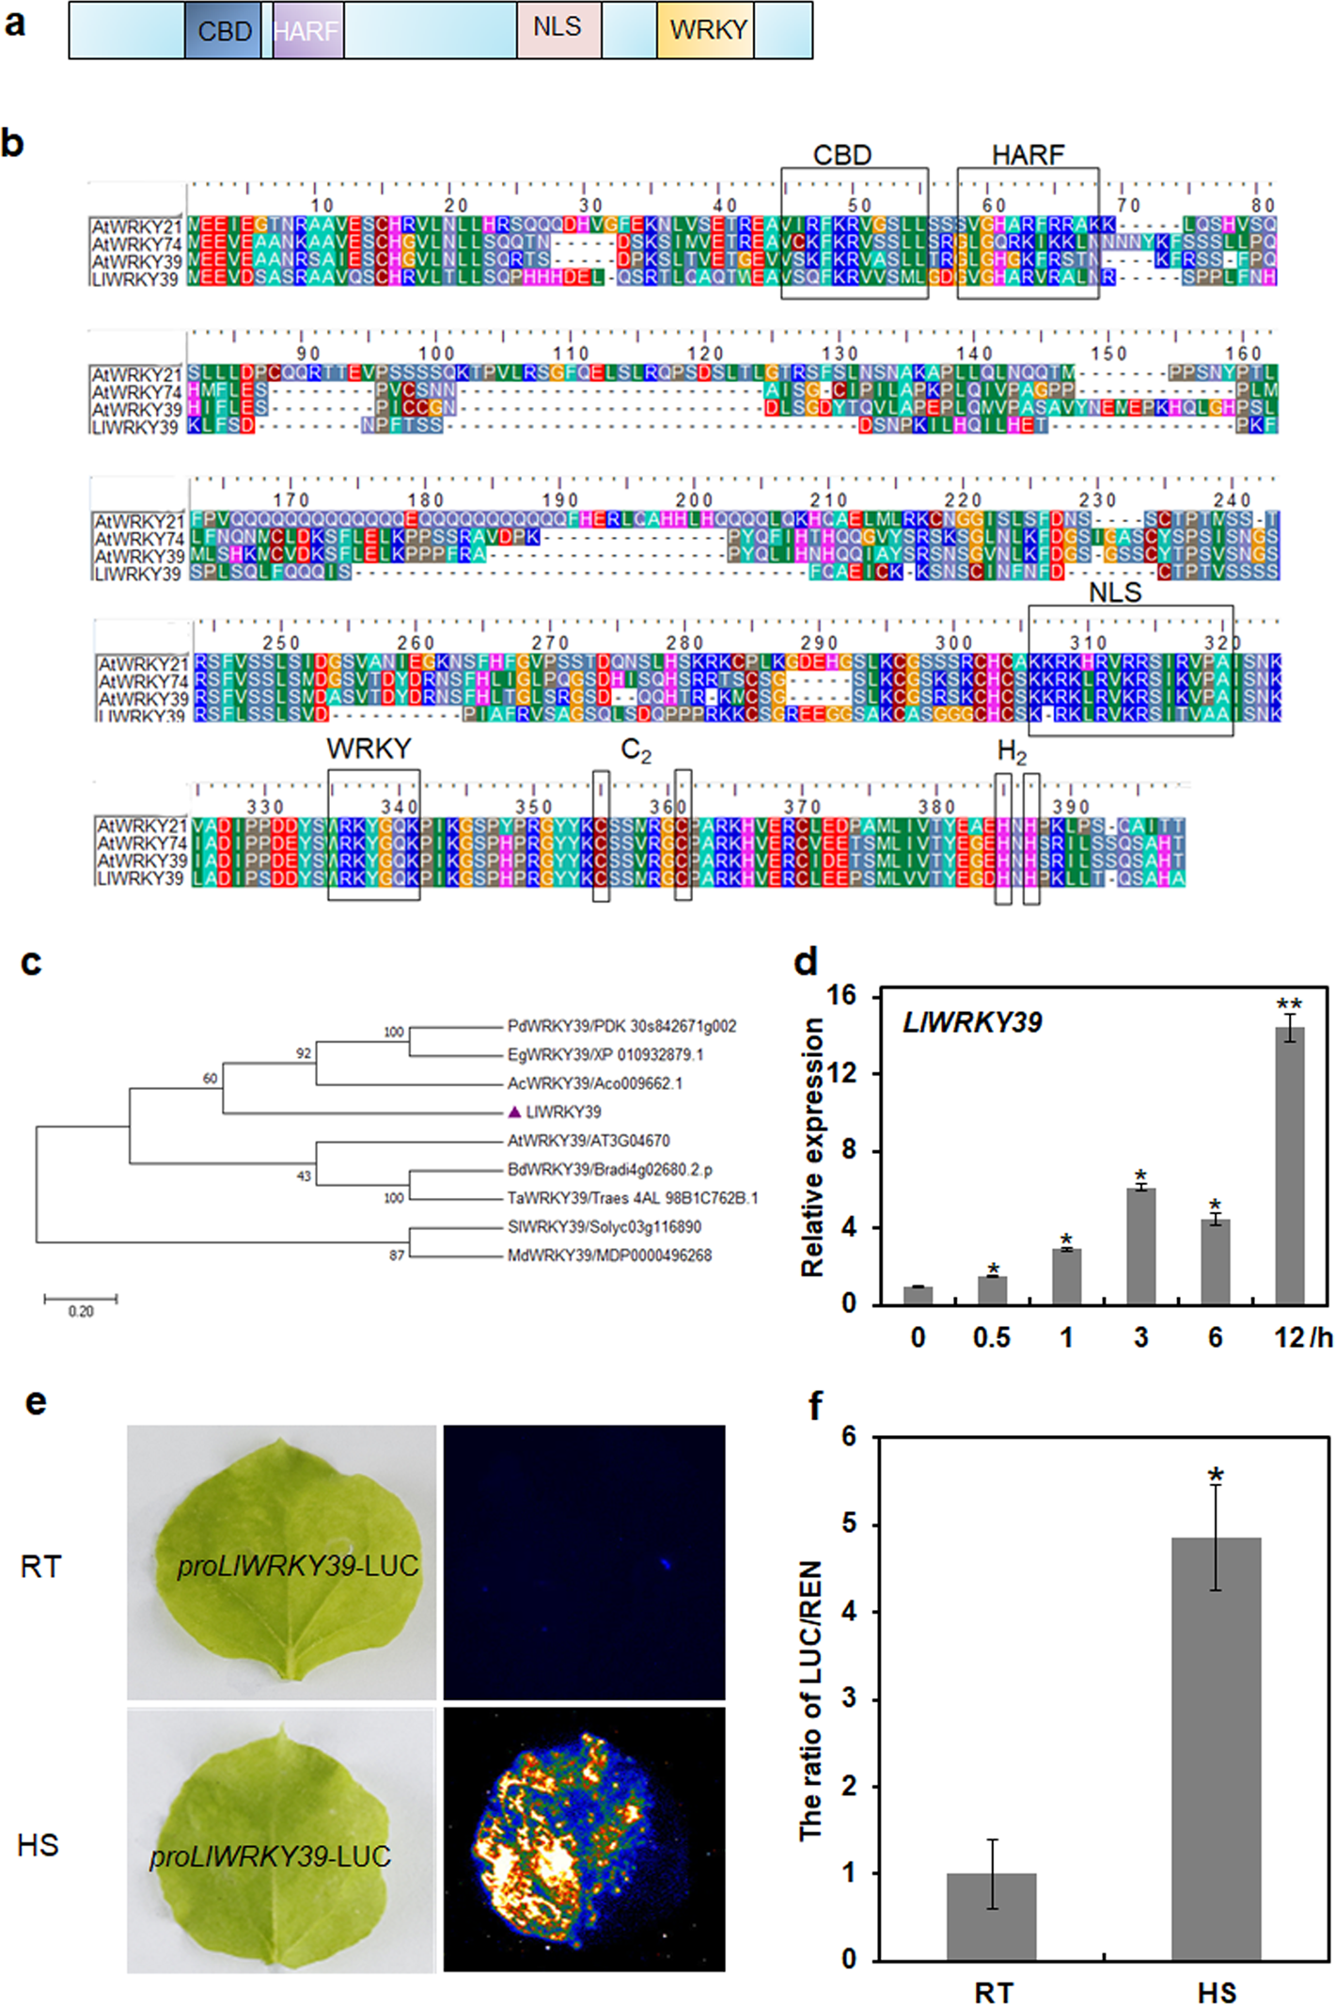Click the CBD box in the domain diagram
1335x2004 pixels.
click(x=224, y=31)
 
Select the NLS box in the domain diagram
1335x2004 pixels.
click(x=558, y=29)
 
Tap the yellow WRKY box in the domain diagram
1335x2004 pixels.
click(x=706, y=31)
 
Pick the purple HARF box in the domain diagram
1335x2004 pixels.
click(x=308, y=31)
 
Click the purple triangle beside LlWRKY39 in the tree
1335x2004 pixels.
click(x=514, y=1112)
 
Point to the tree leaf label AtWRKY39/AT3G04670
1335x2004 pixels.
click(x=589, y=1141)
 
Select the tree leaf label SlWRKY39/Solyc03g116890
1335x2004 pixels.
click(x=604, y=1226)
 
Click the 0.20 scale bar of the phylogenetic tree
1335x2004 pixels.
click(x=81, y=1300)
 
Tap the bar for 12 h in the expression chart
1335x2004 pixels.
click(x=1289, y=1165)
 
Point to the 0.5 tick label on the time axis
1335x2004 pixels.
click(x=992, y=1337)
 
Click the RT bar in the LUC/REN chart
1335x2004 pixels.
click(x=991, y=1916)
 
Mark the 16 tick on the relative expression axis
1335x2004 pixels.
click(x=841, y=995)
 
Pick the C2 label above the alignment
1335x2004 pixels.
click(x=636, y=750)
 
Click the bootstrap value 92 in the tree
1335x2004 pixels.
click(x=304, y=1053)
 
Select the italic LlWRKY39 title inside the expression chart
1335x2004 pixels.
click(x=972, y=1023)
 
